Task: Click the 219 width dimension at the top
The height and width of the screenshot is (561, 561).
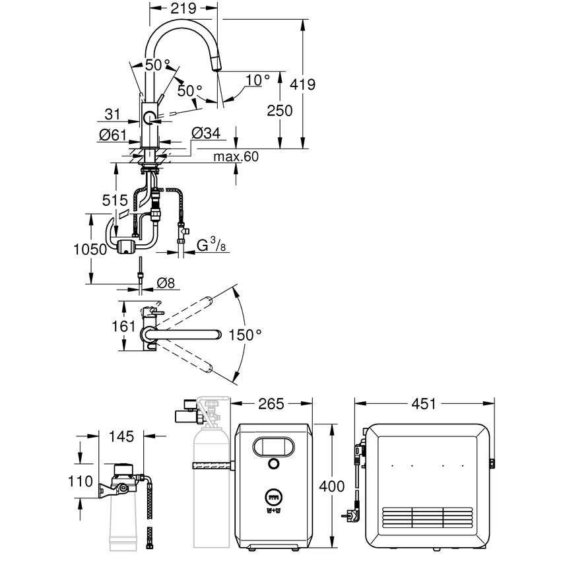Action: point(183,9)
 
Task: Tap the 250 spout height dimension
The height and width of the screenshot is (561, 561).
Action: point(281,111)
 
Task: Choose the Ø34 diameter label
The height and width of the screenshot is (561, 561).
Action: point(205,134)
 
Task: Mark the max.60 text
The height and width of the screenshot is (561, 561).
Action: point(236,157)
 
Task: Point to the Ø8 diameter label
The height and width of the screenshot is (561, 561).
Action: point(166,284)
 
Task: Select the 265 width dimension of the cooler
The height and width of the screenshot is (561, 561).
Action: point(271,403)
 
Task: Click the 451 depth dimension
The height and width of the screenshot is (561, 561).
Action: point(424,403)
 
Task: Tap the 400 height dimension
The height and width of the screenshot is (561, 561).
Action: point(331,486)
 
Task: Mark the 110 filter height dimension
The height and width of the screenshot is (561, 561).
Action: point(84,482)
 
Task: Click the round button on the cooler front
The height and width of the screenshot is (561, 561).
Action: point(272,465)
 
